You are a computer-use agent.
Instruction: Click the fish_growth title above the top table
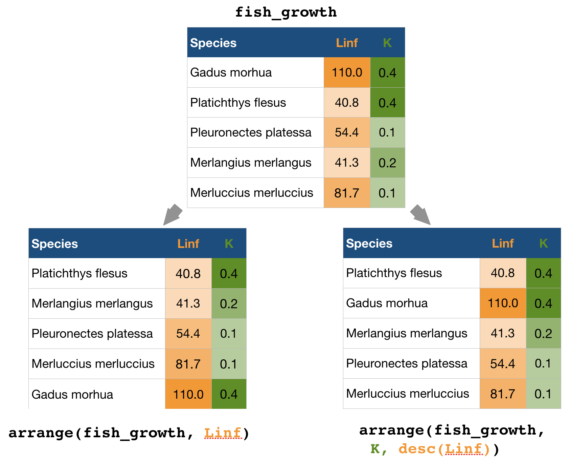286,12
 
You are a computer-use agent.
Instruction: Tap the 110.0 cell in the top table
347,72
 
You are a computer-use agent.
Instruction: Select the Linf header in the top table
347,43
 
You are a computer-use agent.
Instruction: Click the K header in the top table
387,43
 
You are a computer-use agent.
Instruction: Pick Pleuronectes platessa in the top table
251,132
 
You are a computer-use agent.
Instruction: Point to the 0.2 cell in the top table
387,163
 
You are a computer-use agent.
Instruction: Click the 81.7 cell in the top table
347,193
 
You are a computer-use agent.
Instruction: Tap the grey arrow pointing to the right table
420,215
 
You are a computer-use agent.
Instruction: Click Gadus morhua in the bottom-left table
72,395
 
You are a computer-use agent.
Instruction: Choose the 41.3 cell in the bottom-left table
188,303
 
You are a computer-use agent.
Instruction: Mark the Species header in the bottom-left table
55,244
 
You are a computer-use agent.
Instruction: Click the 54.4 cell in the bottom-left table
188,334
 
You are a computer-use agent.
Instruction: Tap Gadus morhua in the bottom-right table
387,303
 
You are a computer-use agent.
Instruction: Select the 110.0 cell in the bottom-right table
503,303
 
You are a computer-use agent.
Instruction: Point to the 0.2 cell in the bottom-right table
543,334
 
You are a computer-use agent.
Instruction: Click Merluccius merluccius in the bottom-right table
408,394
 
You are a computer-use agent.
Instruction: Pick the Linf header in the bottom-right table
503,244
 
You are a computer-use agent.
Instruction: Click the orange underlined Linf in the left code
223,433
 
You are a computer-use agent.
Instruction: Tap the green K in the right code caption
375,449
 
